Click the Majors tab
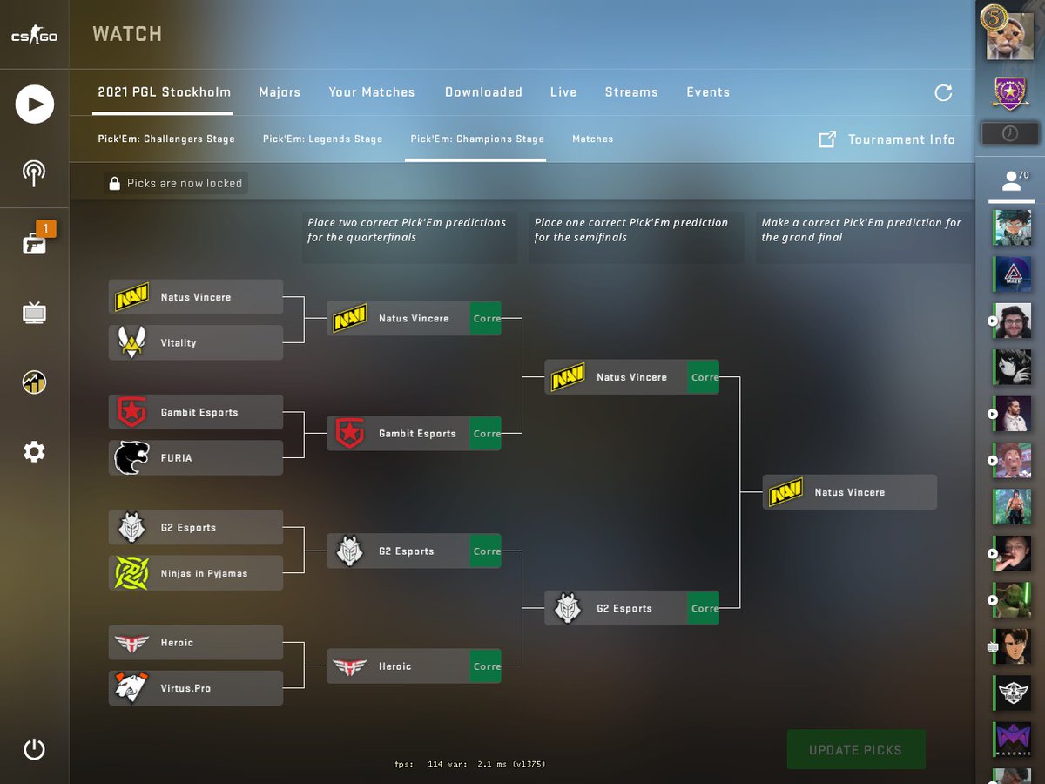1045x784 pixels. [280, 92]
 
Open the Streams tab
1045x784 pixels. [631, 92]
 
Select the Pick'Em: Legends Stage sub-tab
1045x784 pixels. [322, 139]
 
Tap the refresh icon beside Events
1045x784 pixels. [943, 92]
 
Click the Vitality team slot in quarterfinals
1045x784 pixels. [196, 342]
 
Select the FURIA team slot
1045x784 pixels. [196, 457]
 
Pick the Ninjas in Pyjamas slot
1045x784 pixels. [196, 573]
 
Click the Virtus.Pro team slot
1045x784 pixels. [196, 688]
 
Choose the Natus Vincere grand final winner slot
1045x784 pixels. [849, 492]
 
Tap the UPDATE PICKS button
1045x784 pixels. [855, 750]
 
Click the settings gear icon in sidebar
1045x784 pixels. [34, 451]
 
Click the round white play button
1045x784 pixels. [35, 105]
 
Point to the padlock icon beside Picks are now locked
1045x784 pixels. [114, 183]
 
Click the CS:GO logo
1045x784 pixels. [34, 37]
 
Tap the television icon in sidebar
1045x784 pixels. [34, 313]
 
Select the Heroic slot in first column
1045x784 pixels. [196, 642]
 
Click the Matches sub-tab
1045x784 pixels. [592, 139]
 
